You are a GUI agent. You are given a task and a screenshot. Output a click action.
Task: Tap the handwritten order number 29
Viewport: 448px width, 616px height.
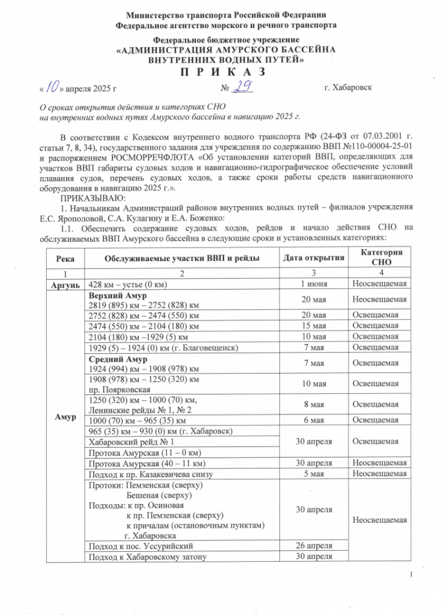click(244, 87)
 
